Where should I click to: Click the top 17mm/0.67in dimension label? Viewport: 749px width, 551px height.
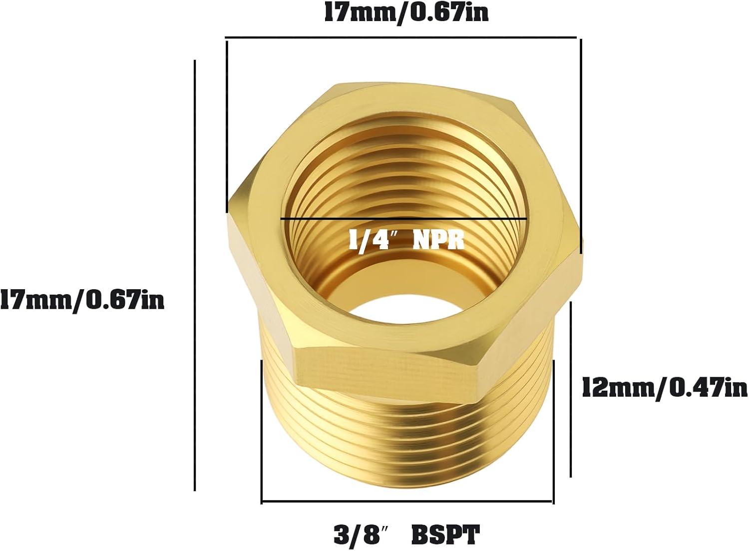pos(406,13)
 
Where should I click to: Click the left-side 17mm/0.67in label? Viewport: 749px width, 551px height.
pos(82,301)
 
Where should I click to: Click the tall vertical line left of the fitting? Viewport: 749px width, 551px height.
pos(195,275)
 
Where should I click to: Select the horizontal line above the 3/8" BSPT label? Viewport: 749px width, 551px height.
pos(407,501)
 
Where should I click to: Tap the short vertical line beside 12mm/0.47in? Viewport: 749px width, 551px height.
pos(571,390)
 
